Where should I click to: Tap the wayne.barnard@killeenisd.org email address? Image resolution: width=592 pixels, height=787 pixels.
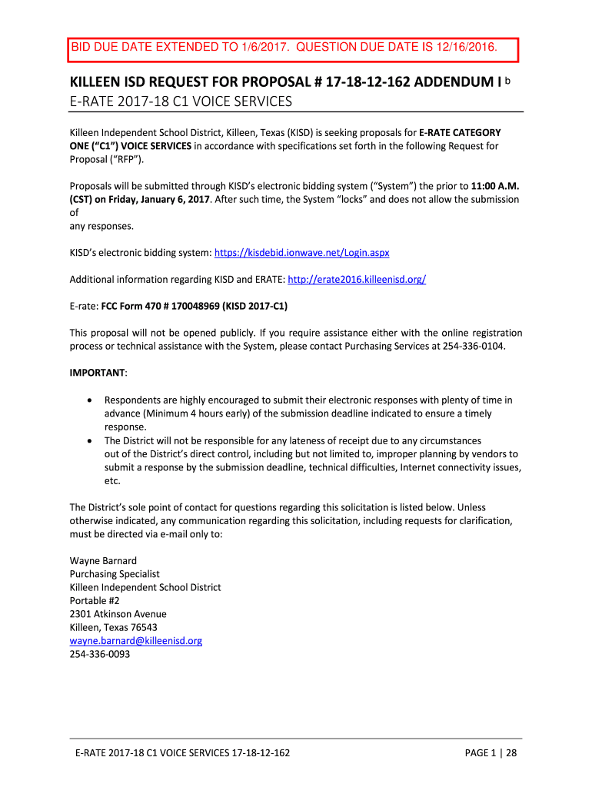136,640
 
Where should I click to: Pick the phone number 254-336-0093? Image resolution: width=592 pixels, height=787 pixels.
100,654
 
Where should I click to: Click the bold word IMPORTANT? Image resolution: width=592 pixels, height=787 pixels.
98,373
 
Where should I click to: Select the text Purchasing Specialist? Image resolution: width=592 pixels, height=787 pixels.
114,573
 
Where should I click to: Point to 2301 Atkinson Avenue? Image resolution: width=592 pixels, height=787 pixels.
118,613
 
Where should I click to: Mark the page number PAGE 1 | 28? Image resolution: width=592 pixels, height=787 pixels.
491,752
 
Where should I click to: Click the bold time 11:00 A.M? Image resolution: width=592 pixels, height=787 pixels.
494,185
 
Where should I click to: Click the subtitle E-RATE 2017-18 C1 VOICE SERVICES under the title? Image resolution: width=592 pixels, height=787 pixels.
181,102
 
